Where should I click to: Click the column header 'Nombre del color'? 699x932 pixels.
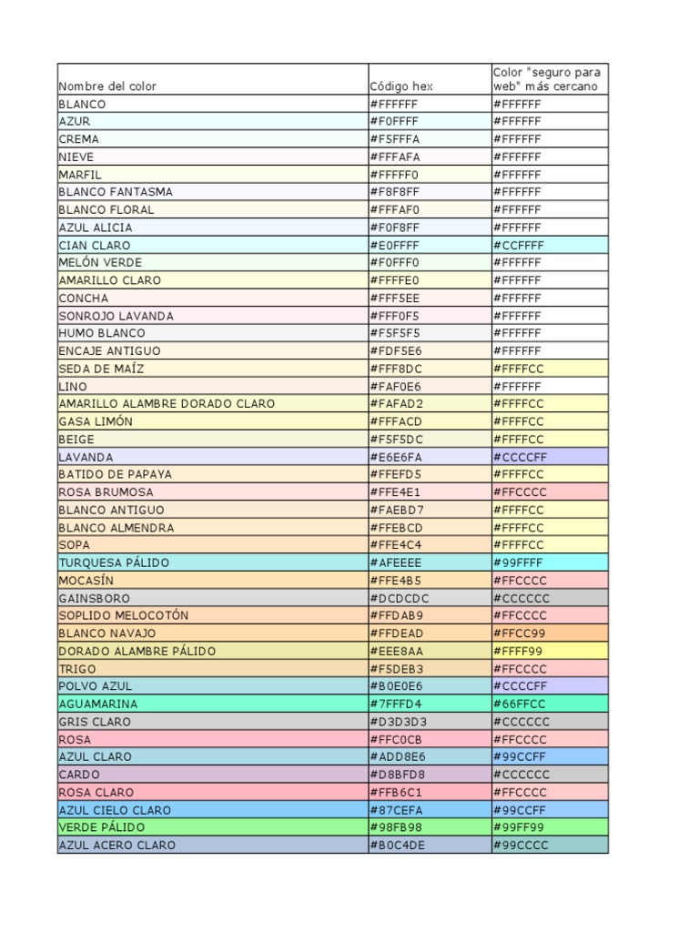point(107,86)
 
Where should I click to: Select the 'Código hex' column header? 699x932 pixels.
point(401,86)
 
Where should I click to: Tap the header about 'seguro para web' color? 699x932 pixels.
point(547,79)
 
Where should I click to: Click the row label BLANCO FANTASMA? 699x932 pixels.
point(116,192)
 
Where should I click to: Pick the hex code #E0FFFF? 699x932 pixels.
point(394,245)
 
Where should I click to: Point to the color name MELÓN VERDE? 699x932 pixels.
point(100,263)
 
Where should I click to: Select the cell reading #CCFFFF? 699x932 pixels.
point(520,245)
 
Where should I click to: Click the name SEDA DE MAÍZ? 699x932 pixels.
point(101,369)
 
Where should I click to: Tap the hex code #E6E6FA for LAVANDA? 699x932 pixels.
point(394,457)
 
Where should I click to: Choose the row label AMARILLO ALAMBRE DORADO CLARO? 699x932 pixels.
point(167,404)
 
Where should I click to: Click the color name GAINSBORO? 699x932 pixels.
point(95,598)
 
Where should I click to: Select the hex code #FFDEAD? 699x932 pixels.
point(396,633)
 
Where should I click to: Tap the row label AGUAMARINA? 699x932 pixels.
point(98,704)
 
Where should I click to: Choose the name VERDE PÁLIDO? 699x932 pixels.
point(102,827)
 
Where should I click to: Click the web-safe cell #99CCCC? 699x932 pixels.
point(520,845)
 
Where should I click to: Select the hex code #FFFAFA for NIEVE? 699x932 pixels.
point(394,157)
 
